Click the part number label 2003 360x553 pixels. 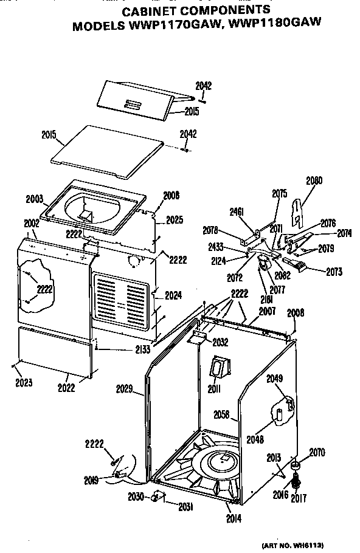(35, 199)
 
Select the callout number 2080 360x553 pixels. (314, 180)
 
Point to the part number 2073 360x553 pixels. (334, 272)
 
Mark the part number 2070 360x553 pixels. (317, 452)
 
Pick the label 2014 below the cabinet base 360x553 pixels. (234, 518)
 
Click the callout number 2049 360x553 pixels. (275, 378)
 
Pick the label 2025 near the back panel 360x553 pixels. (174, 219)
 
